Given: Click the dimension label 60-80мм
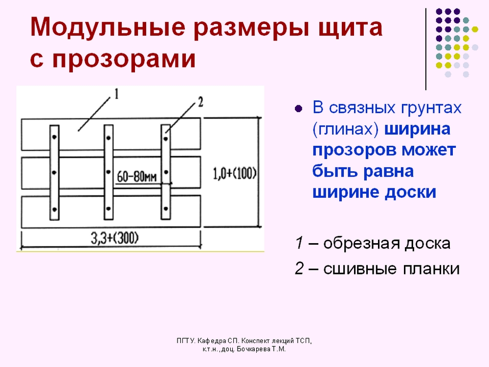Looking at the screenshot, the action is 137,177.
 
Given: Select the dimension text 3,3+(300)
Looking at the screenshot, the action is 115,238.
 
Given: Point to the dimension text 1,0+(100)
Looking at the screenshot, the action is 235,173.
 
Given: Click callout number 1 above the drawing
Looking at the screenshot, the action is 116,94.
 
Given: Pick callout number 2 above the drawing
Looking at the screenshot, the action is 200,102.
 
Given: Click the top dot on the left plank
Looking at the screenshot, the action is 54,137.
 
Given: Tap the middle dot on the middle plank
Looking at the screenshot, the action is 108,172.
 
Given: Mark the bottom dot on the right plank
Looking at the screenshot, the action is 166,208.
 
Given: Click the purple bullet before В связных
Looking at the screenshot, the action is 298,109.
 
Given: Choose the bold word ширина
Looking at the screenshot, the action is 417,129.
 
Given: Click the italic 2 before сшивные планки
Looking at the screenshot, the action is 299,268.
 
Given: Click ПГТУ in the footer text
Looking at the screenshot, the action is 186,341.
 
